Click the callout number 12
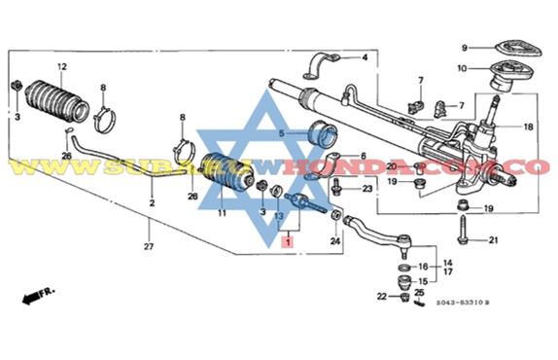pos(61,66)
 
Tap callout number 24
pos(334,240)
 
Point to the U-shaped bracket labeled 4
pos(319,68)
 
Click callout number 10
pos(465,67)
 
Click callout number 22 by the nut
pos(382,295)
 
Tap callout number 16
pos(423,266)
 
